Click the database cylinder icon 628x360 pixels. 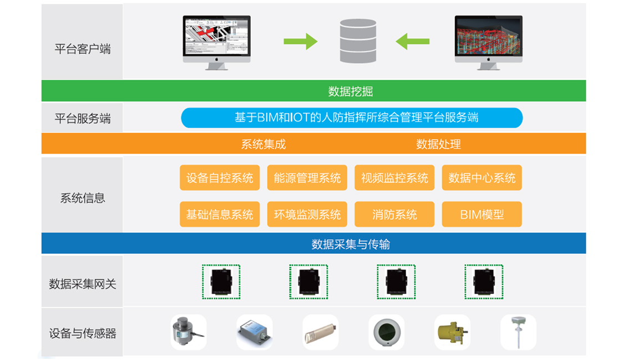click(358, 41)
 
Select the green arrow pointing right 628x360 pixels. click(300, 42)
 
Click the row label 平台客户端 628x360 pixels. click(83, 49)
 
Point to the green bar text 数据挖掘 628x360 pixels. click(350, 92)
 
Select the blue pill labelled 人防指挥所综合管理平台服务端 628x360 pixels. click(352, 118)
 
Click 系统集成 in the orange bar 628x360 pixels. click(263, 144)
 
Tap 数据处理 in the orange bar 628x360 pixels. click(438, 144)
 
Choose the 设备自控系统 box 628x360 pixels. click(220, 178)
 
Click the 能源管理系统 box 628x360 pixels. click(307, 178)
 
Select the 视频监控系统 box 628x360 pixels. click(394, 178)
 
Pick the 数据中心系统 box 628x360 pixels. click(482, 178)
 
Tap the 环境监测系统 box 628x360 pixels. click(307, 215)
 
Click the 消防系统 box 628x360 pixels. click(394, 215)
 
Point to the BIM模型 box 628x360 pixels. click(482, 215)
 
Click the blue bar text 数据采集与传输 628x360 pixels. click(350, 244)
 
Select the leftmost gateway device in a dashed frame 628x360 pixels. click(221, 282)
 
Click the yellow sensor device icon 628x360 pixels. click(452, 332)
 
